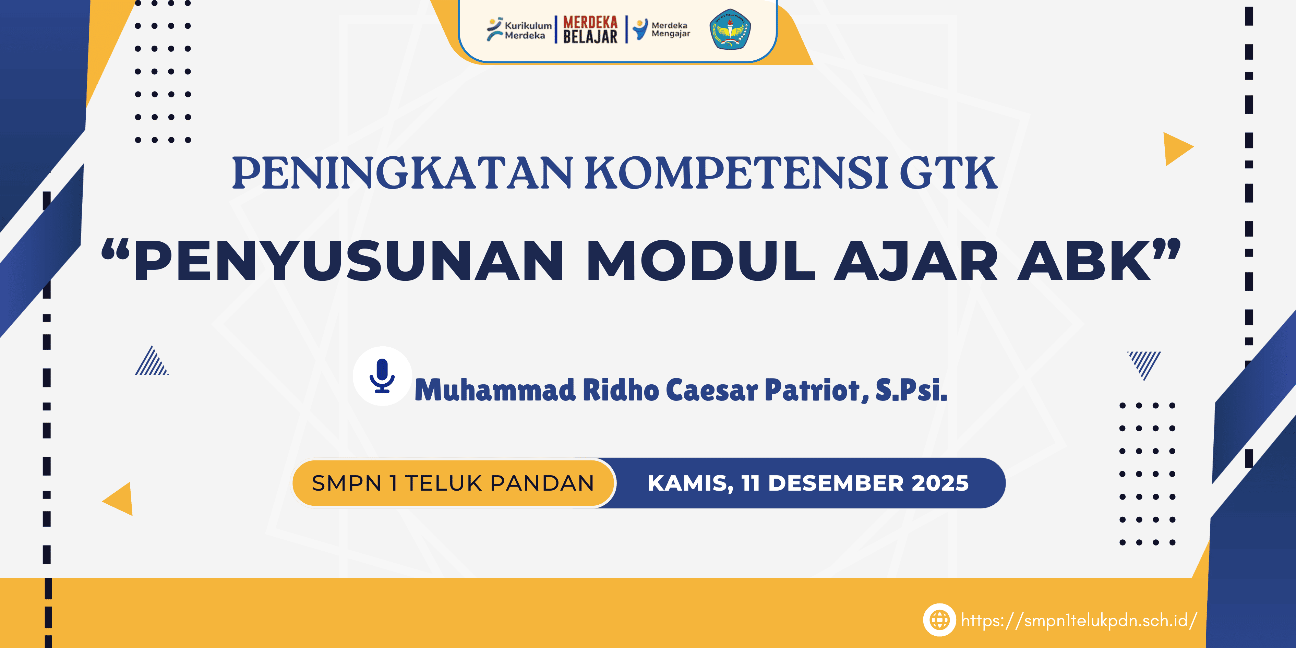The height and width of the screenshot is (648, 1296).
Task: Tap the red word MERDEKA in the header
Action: [x=590, y=22]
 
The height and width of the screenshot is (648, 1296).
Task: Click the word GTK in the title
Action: [x=948, y=173]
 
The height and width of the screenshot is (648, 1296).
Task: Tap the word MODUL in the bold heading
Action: [x=700, y=261]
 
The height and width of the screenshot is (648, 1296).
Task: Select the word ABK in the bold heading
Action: [x=1084, y=261]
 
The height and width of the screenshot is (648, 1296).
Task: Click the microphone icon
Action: [x=382, y=376]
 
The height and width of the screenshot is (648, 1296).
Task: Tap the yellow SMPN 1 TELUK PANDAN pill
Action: [x=453, y=483]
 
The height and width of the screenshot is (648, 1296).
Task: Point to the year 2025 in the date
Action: [x=940, y=483]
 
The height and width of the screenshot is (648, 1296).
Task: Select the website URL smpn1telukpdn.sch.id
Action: [x=1079, y=620]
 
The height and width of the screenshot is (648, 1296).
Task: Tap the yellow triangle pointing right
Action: [x=1176, y=149]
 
